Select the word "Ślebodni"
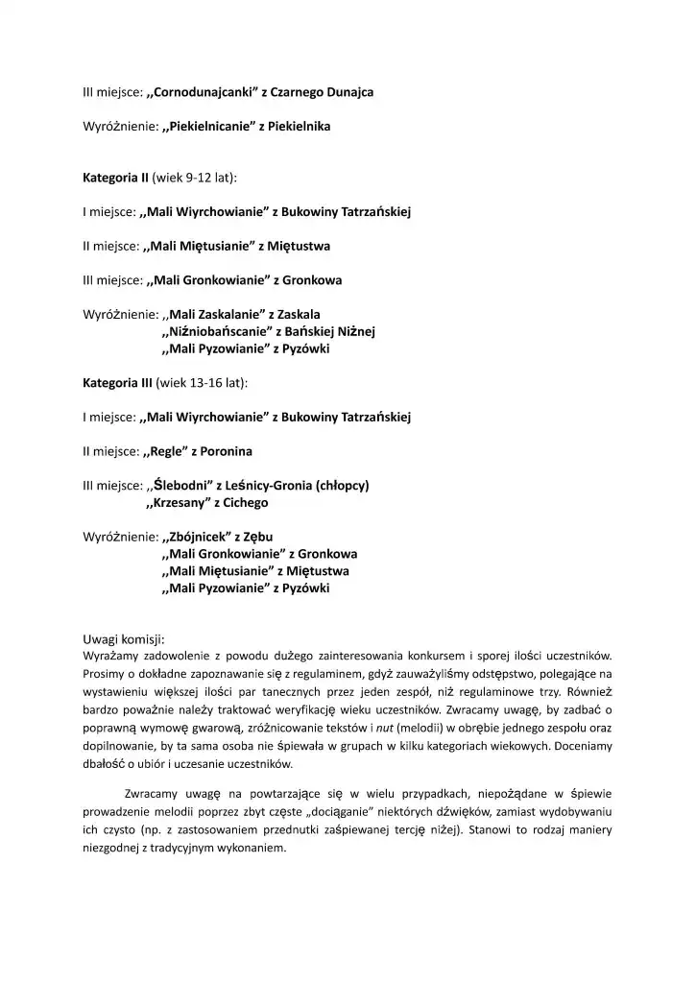[180, 486]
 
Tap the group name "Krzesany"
[180, 502]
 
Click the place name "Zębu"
[267, 537]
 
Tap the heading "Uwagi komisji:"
[124, 638]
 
